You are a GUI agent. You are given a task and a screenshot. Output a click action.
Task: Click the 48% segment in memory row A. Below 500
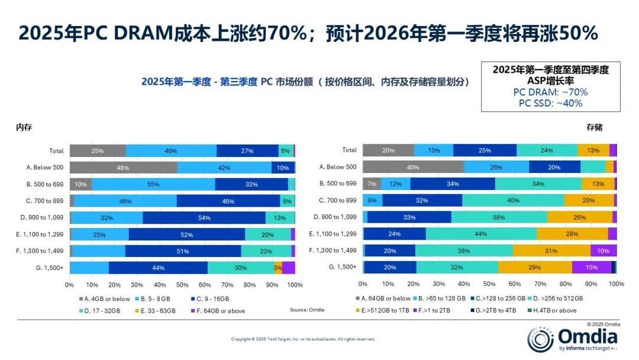(x=123, y=168)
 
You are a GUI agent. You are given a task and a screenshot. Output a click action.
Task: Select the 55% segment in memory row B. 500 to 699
(x=153, y=184)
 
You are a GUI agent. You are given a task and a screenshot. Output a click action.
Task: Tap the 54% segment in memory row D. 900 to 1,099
(x=204, y=218)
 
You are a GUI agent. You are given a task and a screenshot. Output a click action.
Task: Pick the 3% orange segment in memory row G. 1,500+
(x=277, y=268)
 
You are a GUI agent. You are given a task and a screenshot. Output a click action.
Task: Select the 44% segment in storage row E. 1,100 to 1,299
(x=480, y=234)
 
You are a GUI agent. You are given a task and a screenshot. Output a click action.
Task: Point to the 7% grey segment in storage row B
(x=372, y=184)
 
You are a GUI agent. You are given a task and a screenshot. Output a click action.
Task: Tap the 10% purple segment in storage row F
(x=603, y=250)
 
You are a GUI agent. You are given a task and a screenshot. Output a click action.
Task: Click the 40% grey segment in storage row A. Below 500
(x=412, y=167)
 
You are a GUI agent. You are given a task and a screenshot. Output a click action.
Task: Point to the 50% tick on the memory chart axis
(x=182, y=284)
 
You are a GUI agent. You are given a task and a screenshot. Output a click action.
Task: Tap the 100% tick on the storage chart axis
(x=616, y=284)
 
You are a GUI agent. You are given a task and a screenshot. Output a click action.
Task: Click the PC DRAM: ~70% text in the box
(x=550, y=92)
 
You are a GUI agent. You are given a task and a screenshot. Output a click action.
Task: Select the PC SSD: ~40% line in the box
(x=550, y=102)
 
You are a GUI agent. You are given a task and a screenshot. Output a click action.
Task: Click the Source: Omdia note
(x=306, y=310)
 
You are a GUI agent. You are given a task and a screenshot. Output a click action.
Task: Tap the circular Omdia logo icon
(x=540, y=339)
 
